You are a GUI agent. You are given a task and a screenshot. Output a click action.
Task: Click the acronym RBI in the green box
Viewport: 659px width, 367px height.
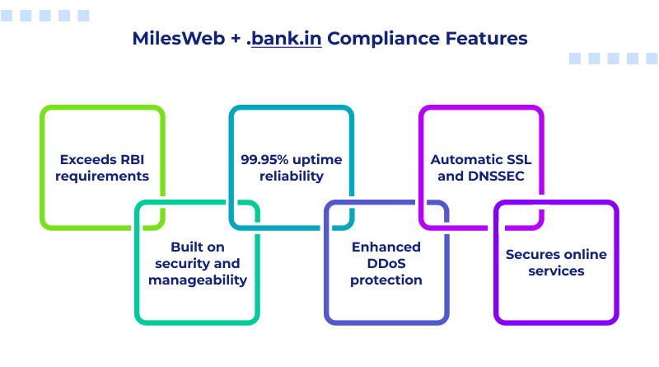pos(133,160)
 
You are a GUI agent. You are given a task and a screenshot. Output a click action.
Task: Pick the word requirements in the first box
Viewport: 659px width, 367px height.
pos(103,176)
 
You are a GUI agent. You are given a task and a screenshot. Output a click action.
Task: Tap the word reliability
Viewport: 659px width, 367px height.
pos(291,176)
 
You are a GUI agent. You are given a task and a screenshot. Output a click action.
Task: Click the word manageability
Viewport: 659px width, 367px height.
pos(198,280)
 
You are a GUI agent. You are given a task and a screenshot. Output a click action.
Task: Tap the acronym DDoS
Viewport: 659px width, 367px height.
pos(386,264)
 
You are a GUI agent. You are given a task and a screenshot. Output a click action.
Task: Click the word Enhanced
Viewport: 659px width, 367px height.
pos(386,247)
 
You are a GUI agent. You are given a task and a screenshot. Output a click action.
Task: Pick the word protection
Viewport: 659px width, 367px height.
pos(386,280)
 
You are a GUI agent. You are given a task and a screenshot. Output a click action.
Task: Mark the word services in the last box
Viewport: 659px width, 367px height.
pos(556,271)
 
